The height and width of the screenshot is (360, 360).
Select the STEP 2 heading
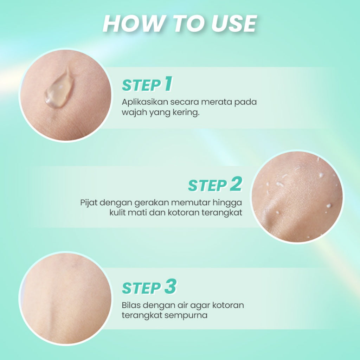click(x=215, y=185)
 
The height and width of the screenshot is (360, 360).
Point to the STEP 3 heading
click(x=148, y=288)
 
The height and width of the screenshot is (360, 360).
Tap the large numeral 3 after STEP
click(x=170, y=287)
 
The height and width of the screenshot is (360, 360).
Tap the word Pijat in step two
click(x=88, y=203)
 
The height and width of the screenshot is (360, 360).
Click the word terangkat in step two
click(x=224, y=213)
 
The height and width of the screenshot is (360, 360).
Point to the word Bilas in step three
click(x=130, y=305)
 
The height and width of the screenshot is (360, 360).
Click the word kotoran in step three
click(x=228, y=305)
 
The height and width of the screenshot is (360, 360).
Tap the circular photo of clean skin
click(x=65, y=298)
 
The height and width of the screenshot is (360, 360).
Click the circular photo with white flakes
click(x=297, y=197)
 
